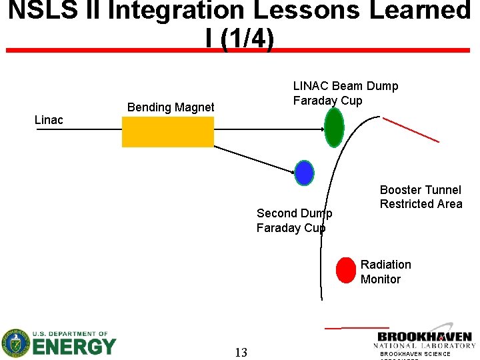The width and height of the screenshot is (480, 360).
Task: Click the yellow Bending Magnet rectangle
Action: pos(167,131)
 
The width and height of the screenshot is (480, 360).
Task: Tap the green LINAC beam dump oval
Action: pos(333,127)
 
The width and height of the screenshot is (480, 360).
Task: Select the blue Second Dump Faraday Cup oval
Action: pos(304,173)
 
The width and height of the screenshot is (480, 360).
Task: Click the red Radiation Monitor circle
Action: pos(346,270)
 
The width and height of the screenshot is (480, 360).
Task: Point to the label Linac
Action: pos(49,120)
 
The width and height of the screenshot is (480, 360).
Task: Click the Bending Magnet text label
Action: pos(171,107)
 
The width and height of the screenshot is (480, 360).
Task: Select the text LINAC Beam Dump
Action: pos(345,86)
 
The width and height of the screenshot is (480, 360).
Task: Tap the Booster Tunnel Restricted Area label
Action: pos(421,197)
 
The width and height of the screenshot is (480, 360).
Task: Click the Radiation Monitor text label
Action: pos(385,272)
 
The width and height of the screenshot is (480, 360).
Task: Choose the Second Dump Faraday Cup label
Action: pos(294,221)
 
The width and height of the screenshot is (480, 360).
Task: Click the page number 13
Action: pos(241,353)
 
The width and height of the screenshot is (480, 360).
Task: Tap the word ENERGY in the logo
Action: pos(74,347)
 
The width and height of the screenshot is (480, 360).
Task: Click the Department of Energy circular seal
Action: pos(15,343)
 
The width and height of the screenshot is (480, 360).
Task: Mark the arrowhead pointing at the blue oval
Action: pos(293,171)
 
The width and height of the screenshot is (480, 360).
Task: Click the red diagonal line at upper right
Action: pos(411,129)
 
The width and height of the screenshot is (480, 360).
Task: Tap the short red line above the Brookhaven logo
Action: pos(357,327)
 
